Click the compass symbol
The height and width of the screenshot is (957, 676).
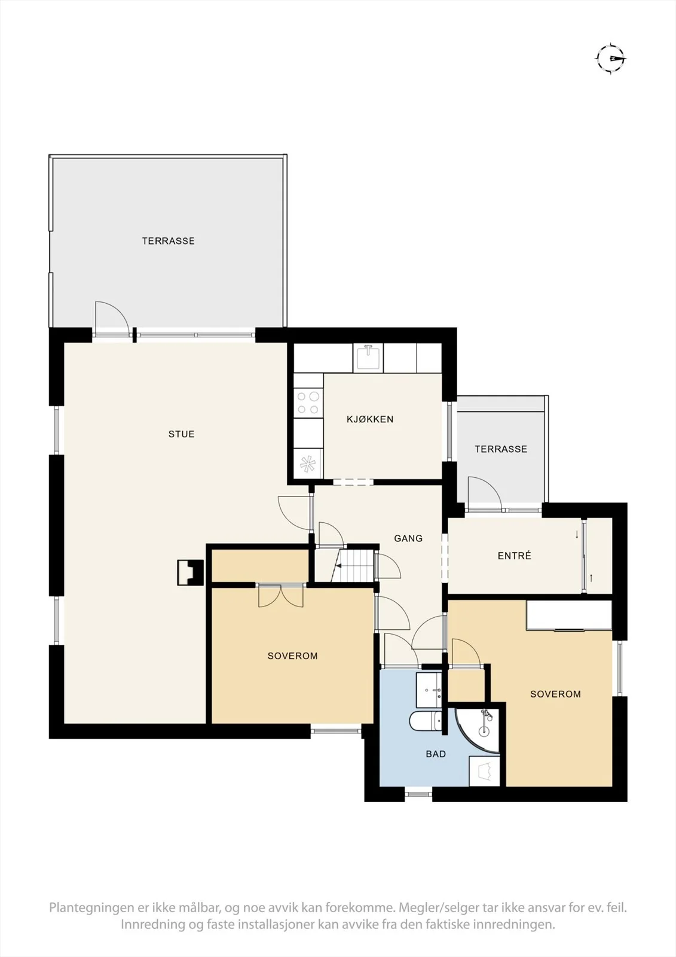coord(611,59)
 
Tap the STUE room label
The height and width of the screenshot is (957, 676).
coord(182,434)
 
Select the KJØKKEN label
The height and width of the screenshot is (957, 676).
coord(370,419)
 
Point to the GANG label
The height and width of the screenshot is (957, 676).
coord(408,538)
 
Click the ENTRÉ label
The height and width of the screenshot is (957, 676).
coord(514,556)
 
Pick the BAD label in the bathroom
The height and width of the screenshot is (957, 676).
coord(436,754)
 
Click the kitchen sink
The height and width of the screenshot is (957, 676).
coord(368,358)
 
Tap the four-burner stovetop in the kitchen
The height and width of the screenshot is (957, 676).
coord(308,403)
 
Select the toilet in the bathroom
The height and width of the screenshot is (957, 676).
coord(426,721)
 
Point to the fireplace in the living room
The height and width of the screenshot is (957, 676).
coord(191,572)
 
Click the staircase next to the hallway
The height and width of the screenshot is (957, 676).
coord(353,566)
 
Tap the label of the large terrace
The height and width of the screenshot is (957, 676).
coord(168,241)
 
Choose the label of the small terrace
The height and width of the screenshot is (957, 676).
coord(501,449)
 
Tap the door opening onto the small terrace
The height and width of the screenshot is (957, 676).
coord(485,493)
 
